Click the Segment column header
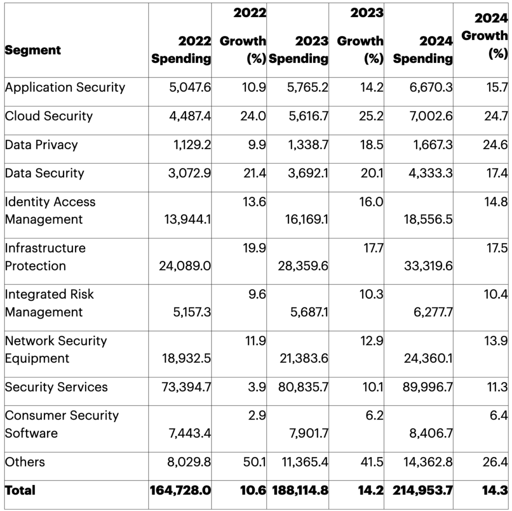(x=33, y=50)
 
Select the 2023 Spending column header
(x=298, y=49)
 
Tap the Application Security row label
(x=65, y=87)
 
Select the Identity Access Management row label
(x=50, y=210)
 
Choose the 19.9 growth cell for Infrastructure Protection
(x=255, y=248)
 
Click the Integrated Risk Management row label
(x=49, y=303)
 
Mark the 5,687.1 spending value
(x=309, y=312)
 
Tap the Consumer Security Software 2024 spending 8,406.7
(x=431, y=433)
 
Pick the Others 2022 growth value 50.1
(x=255, y=462)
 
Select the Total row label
(x=20, y=490)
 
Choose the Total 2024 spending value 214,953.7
(x=422, y=490)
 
